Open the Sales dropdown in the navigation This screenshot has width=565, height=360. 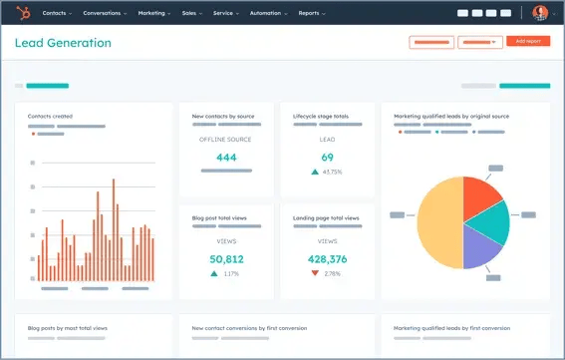point(192,13)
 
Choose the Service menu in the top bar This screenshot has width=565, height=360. point(228,13)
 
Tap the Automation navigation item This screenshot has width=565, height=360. point(270,13)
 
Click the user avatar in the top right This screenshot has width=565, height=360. point(540,13)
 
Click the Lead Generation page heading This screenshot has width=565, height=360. point(63,43)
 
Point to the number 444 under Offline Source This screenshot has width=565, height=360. point(226,158)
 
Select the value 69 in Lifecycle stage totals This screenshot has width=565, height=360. point(327,158)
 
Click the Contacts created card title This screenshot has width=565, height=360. point(50,116)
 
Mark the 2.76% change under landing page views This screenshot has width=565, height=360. point(333,272)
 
